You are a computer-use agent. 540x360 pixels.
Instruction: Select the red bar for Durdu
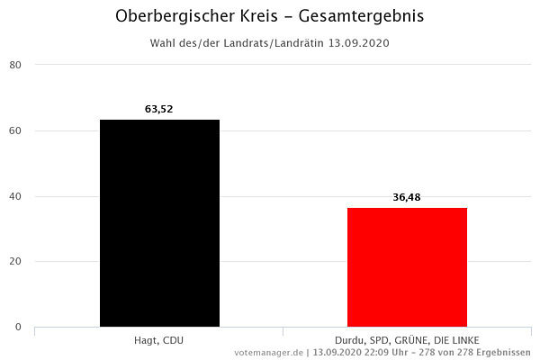click(x=407, y=267)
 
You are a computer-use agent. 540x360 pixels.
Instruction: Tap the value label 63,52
click(x=159, y=109)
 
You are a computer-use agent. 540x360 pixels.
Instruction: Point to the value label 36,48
click(x=407, y=197)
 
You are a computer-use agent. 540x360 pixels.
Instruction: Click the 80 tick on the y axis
click(x=16, y=65)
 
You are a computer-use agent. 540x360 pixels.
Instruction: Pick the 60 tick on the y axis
click(x=16, y=130)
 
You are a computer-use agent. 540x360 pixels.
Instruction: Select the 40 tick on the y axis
click(x=16, y=196)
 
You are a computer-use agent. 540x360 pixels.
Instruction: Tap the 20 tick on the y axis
click(x=16, y=262)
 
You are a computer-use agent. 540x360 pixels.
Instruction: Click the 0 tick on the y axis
click(x=19, y=328)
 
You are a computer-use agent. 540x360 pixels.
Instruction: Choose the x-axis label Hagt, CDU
click(x=159, y=339)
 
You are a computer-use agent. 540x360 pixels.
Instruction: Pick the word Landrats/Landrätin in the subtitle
click(x=275, y=42)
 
